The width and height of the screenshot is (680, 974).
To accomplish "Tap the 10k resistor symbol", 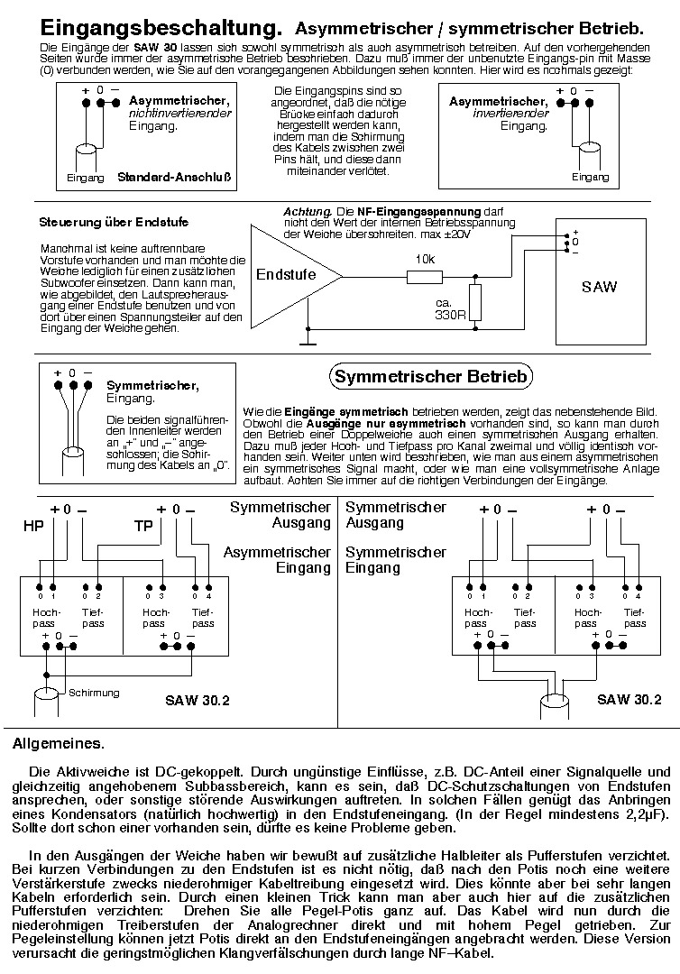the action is coord(425,277).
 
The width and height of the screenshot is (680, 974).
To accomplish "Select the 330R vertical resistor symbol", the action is coord(475,302).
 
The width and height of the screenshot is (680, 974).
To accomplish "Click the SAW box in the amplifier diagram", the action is coord(601,281).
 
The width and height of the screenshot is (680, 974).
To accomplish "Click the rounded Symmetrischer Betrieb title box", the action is coord(430,376).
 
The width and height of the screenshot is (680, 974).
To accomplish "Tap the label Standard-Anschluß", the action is coord(174,178).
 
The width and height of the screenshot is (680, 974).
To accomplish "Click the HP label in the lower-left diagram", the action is coord(33,526).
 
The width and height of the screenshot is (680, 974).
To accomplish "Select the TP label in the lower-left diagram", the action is coord(143,526).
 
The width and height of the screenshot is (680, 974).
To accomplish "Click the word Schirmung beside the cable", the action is coord(94,693).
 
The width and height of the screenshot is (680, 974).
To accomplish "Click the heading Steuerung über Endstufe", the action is coord(114,223).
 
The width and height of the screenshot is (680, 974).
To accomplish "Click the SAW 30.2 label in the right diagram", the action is coord(629,700).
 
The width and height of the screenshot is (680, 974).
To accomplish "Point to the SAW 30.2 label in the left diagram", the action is coord(198,701).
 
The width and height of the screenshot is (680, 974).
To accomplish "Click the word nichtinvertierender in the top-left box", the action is coord(180,113).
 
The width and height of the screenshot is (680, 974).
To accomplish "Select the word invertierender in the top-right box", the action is coord(510,114).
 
